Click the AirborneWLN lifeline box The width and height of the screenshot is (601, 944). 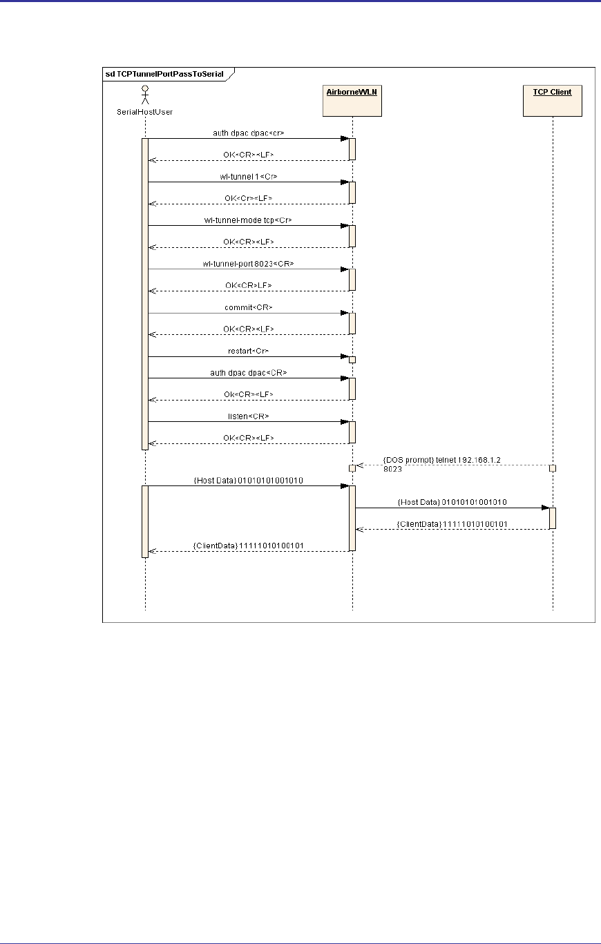[x=352, y=101]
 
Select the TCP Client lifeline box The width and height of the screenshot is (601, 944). [x=553, y=101]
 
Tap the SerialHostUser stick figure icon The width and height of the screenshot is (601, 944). [x=145, y=93]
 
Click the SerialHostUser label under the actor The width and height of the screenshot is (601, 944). [x=145, y=112]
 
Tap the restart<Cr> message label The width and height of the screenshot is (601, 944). [x=249, y=351]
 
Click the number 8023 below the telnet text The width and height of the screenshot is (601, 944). [x=392, y=468]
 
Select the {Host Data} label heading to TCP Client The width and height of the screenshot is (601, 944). [x=452, y=503]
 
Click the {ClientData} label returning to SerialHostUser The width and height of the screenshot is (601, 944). [x=249, y=546]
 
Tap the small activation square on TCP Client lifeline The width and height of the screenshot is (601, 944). [x=553, y=468]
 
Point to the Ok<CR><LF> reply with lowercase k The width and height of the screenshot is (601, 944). [x=249, y=394]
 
